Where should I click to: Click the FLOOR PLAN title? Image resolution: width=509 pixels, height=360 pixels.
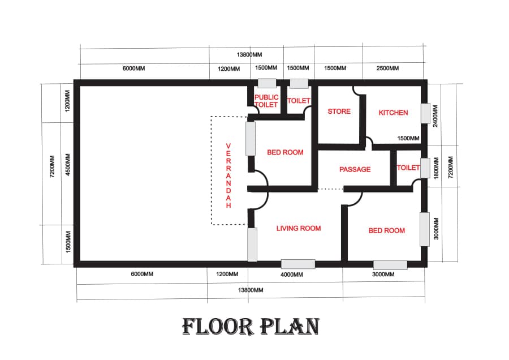click(x=251, y=326)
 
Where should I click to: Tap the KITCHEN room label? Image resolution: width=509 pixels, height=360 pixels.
click(x=393, y=113)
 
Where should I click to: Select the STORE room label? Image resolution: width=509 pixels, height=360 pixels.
click(x=339, y=112)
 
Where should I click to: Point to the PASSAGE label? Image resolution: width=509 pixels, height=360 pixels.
click(x=355, y=169)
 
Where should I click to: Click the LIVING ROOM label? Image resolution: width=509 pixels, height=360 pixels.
click(x=298, y=229)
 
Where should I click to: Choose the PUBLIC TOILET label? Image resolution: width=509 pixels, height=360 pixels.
click(x=266, y=101)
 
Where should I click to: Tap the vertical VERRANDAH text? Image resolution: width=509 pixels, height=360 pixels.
click(x=228, y=175)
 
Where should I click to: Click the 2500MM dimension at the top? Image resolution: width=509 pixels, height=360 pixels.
click(x=387, y=68)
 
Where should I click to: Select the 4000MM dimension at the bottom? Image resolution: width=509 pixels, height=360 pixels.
click(x=292, y=275)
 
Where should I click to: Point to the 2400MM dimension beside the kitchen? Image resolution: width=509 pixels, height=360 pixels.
click(x=435, y=116)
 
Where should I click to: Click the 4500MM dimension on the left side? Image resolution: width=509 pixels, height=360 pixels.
click(x=68, y=165)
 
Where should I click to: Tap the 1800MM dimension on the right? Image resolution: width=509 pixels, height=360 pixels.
click(x=436, y=168)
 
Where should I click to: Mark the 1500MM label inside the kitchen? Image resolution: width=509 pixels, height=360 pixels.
click(x=408, y=139)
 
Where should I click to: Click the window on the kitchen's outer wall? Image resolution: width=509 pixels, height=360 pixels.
click(x=425, y=113)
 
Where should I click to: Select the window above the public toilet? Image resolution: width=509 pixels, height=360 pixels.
click(x=267, y=83)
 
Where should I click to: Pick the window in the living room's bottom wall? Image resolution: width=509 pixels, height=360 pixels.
click(x=298, y=264)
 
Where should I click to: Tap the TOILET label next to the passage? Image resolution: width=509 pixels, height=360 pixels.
click(x=408, y=168)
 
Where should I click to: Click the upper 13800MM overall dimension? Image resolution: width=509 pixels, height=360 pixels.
click(x=249, y=54)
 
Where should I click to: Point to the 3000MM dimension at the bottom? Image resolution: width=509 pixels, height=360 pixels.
click(x=383, y=275)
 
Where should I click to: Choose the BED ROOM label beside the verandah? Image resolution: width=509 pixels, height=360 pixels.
click(x=285, y=152)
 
